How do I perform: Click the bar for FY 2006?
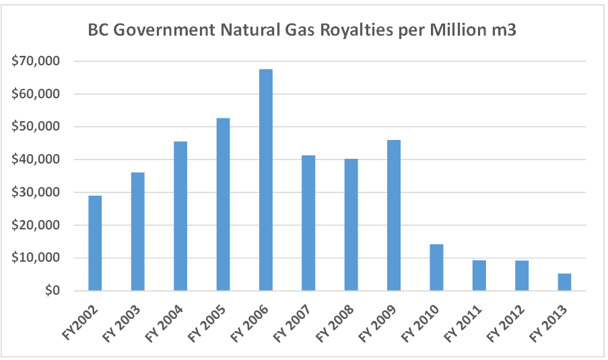click(x=266, y=180)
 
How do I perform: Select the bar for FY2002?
click(x=95, y=243)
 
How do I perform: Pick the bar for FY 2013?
click(x=564, y=282)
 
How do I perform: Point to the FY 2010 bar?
click(x=436, y=267)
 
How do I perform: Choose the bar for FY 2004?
click(x=180, y=216)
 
